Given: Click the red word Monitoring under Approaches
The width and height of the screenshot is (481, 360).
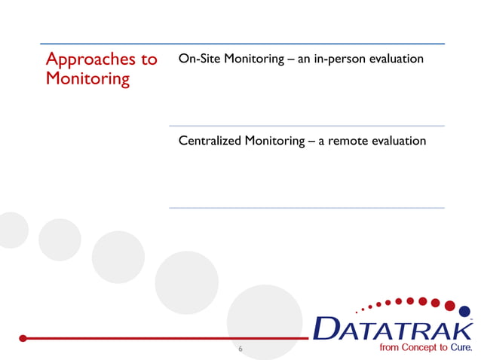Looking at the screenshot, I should (87, 78).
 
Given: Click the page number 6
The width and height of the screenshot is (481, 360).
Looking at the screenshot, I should (240, 349).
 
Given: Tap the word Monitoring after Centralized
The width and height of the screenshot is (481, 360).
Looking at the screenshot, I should (274, 141).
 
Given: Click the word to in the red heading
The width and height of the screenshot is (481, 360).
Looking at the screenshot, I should (149, 59).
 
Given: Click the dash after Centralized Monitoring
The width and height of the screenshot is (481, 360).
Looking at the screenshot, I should (312, 141).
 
